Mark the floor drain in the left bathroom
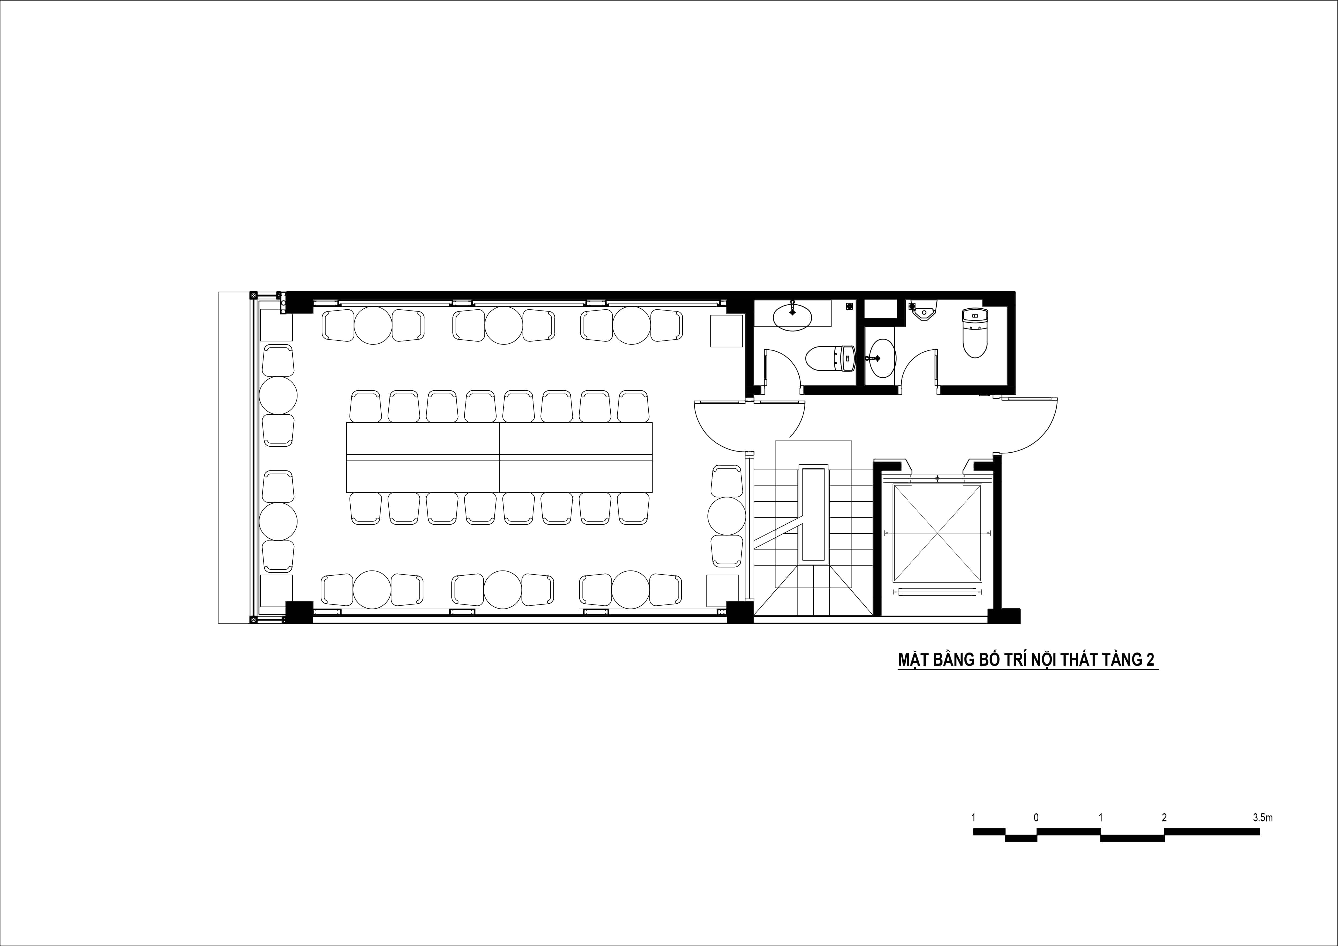coord(849,305)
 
